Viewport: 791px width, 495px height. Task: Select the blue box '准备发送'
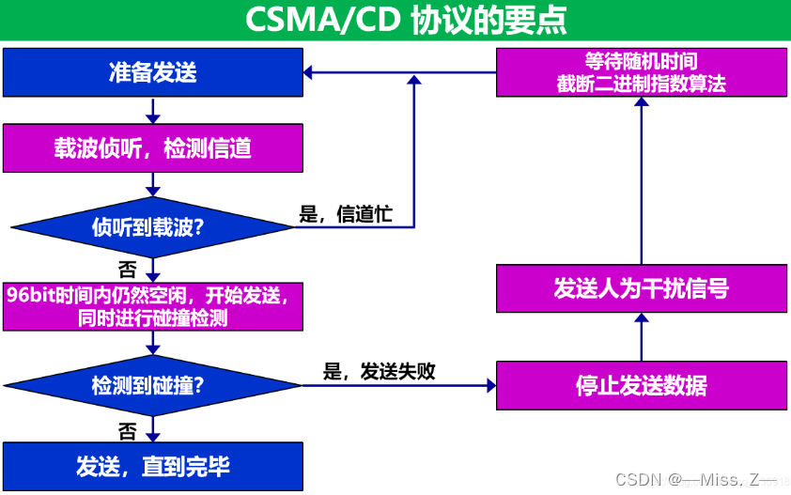[152, 72]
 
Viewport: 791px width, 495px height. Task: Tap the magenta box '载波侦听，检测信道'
[152, 148]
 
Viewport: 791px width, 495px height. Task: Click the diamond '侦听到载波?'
[152, 227]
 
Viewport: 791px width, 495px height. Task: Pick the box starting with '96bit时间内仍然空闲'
[152, 305]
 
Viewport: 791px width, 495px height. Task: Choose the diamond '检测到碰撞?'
[152, 385]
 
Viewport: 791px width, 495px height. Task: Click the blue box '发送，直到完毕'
[152, 466]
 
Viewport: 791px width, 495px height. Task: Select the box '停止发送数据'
[641, 385]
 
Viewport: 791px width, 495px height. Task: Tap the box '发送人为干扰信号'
[641, 288]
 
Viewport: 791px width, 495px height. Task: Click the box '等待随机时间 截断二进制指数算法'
[641, 72]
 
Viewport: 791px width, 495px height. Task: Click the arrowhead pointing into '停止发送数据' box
[489, 385]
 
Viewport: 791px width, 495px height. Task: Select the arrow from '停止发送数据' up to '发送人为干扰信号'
[641, 337]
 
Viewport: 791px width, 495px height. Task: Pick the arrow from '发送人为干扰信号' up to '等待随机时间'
[641, 178]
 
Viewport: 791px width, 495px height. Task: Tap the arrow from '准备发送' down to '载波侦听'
[152, 111]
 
